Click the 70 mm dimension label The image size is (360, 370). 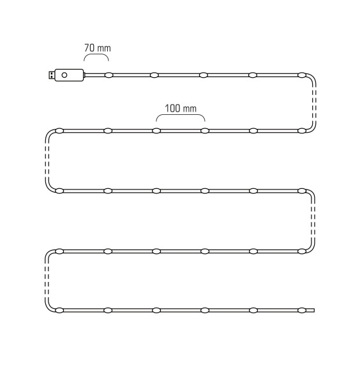coord(98,48)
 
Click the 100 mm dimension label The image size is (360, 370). coord(181,108)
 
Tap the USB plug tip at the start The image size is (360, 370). coord(51,75)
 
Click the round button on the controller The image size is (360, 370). coord(64,75)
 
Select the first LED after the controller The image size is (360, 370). coord(109,75)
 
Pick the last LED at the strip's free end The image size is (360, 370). coord(301,310)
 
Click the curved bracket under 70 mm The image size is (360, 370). coord(96,54)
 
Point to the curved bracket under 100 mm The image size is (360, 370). coord(181,115)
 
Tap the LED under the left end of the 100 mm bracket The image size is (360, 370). coord(156,131)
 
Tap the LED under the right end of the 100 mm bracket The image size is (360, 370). coord(205,131)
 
